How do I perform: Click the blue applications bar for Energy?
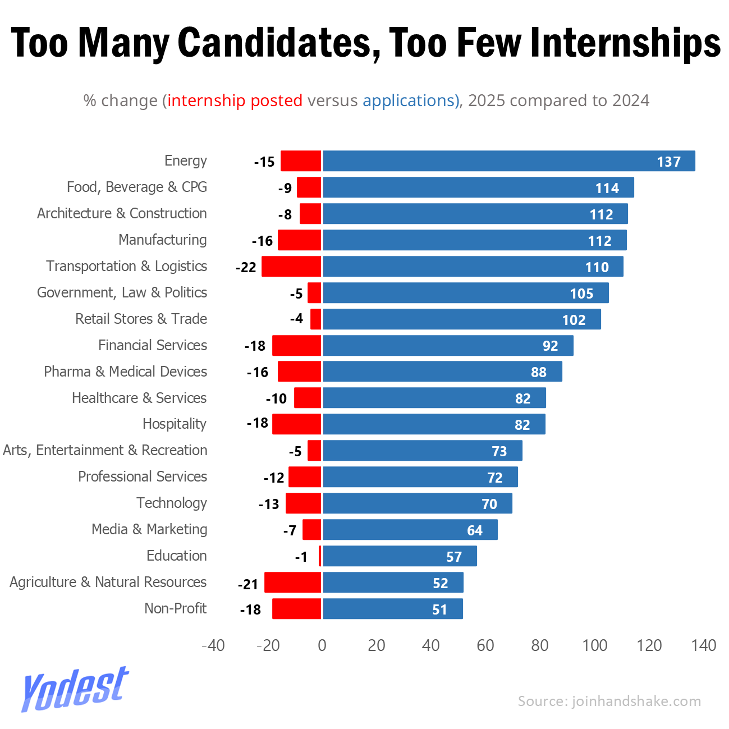click(x=508, y=161)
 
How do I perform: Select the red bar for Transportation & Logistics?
click(x=291, y=267)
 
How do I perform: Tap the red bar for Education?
click(x=320, y=556)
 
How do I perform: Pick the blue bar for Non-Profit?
click(x=393, y=609)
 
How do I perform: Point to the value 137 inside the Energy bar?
click(x=668, y=162)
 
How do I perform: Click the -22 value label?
click(x=246, y=268)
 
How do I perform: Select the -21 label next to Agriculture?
click(x=247, y=584)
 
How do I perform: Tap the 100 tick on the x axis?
click(x=594, y=645)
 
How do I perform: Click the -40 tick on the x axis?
click(x=213, y=645)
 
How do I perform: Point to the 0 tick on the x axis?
click(x=322, y=645)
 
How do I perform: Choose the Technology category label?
click(x=172, y=503)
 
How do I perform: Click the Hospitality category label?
click(x=175, y=424)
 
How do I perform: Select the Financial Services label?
click(x=153, y=345)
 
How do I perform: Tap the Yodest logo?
click(x=75, y=689)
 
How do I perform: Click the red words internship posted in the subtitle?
click(x=235, y=100)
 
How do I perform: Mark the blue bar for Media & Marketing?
click(x=410, y=530)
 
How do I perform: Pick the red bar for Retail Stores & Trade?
click(x=315, y=319)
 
